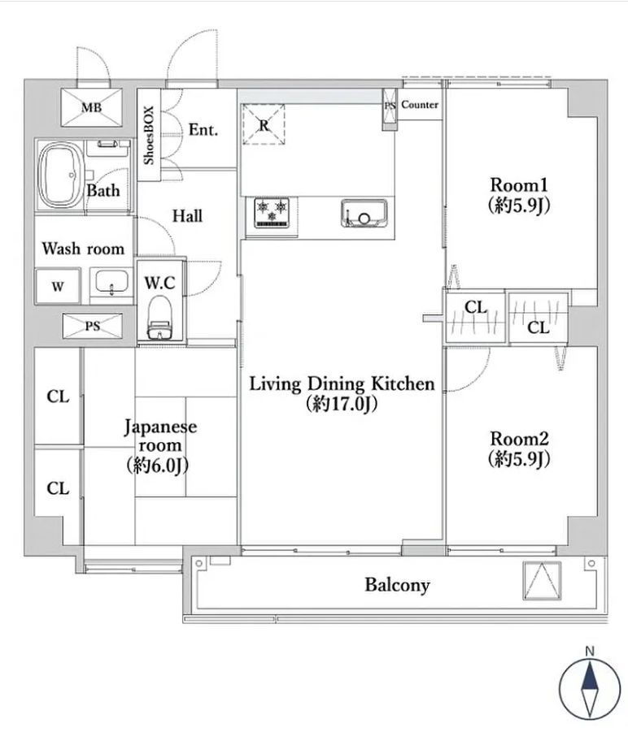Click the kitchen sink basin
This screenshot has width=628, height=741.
[364, 213]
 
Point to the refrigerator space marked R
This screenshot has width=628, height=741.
[264, 124]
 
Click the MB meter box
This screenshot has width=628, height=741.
[92, 108]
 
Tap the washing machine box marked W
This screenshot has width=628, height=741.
[58, 286]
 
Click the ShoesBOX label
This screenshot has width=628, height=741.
[149, 135]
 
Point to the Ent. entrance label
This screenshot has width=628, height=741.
[203, 129]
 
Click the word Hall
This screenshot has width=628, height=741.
[187, 216]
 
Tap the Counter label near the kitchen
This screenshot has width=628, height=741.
[420, 105]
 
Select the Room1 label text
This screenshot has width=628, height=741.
[519, 184]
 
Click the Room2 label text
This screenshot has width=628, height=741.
[519, 439]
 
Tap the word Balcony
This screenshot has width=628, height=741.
[398, 585]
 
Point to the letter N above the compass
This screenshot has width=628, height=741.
[590, 651]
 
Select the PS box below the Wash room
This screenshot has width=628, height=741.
[93, 326]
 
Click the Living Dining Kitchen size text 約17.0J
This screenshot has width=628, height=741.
[342, 404]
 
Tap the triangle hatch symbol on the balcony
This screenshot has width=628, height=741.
[542, 580]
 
